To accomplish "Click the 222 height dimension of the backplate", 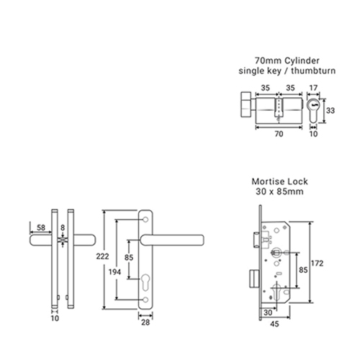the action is pos(102,256).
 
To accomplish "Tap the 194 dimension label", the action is pos(114,272).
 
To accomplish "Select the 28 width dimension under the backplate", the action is pos(145,323).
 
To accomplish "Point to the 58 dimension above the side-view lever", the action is pos(41,228).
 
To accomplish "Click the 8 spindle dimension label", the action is pos(63,228).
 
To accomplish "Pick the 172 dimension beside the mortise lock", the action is pos(318,264).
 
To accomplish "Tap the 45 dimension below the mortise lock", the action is pos(274,324).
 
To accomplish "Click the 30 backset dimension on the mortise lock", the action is pos(268,312).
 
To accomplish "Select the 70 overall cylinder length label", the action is pos(279,134).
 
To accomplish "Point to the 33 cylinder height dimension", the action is pos(330,111).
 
